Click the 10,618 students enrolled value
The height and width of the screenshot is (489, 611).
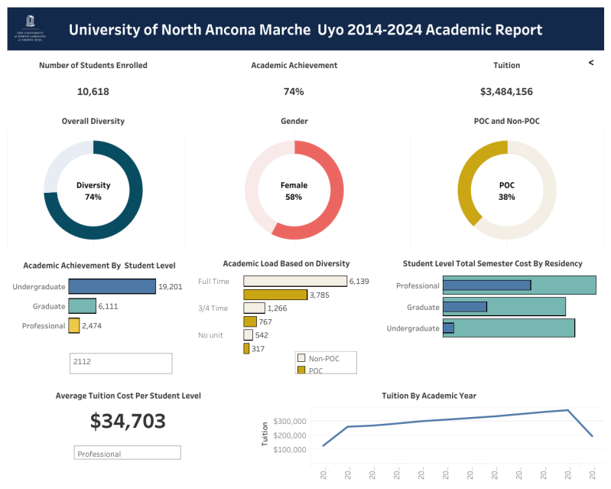point(93,92)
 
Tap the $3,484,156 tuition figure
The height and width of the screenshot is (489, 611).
point(506,92)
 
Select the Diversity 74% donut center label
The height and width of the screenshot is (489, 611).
point(93,191)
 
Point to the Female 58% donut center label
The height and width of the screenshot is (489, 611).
point(294,191)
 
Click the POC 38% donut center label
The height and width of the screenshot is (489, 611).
point(506,191)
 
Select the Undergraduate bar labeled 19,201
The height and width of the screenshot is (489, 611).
point(112,286)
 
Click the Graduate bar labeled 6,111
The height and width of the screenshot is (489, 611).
point(82,306)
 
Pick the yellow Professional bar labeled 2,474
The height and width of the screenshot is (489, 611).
point(74,326)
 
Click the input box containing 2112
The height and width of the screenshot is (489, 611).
point(121,363)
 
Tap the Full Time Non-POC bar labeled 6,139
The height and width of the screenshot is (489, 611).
point(294,282)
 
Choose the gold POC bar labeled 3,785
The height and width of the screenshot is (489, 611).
point(275,295)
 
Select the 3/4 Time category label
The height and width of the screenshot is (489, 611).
point(213,308)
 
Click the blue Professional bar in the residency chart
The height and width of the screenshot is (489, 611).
point(486,285)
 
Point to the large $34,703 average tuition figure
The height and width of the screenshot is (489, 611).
point(128,421)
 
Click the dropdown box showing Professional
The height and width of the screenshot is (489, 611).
point(128,453)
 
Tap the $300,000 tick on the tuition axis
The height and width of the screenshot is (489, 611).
point(289,421)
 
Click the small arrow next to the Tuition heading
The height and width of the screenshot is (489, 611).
point(590,63)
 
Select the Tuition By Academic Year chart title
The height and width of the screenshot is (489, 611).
point(429,396)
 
